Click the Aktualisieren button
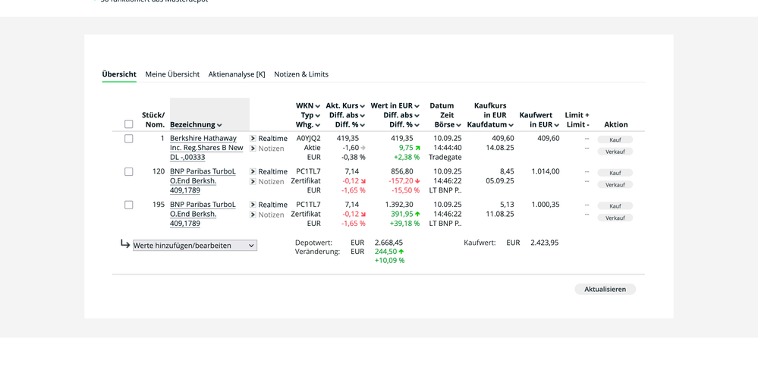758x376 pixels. (x=605, y=289)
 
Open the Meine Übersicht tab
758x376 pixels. (x=172, y=74)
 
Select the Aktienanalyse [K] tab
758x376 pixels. (x=237, y=74)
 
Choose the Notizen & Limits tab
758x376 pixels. (x=301, y=74)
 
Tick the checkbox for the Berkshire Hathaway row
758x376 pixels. (x=128, y=139)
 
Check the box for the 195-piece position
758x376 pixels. (x=128, y=205)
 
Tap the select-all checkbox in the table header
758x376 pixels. (x=128, y=124)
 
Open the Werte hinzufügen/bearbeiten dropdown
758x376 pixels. (x=194, y=246)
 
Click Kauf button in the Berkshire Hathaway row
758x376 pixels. (x=615, y=139)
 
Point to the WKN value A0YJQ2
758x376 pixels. (x=308, y=139)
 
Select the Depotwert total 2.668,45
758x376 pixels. (x=388, y=243)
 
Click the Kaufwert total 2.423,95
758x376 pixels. (x=544, y=243)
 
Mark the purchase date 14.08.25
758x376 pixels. (x=500, y=148)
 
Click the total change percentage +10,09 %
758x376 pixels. (x=389, y=261)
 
